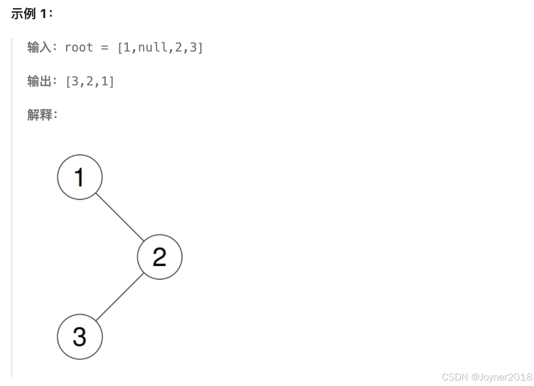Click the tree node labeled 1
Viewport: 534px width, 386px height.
pos(80,177)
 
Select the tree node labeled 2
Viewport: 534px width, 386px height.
pos(159,257)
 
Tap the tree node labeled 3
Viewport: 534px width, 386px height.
pos(80,337)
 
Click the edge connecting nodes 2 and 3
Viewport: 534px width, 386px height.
pos(120,297)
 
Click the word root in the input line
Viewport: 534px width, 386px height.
pos(79,47)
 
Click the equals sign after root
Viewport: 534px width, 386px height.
pos(105,47)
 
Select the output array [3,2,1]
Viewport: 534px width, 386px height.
pos(90,81)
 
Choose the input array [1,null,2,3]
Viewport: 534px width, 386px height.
pos(160,47)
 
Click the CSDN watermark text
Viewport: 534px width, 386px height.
pos(454,377)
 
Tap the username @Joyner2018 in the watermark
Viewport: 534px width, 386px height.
pos(501,377)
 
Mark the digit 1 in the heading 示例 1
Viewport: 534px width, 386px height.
pos(43,14)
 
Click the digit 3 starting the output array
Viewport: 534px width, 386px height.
pos(75,81)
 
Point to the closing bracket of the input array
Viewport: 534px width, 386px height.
pos(200,47)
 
